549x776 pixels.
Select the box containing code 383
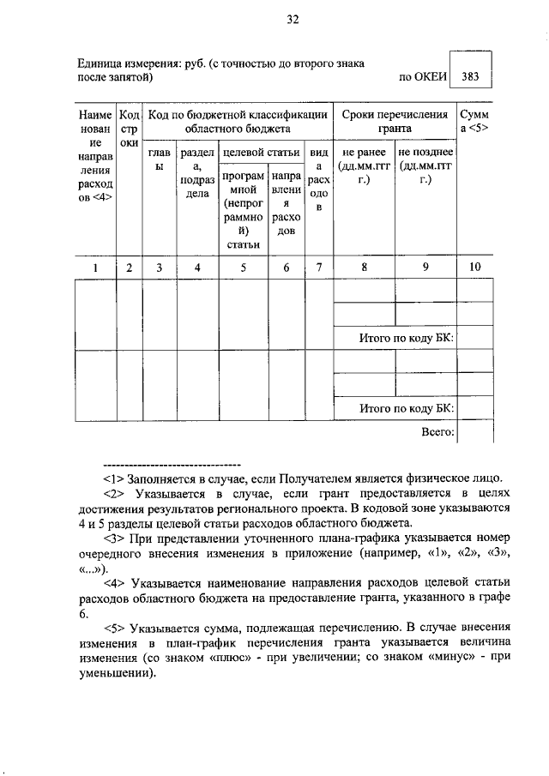[x=470, y=75]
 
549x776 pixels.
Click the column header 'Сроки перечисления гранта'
[x=395, y=121]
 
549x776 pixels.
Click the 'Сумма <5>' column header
[x=474, y=121]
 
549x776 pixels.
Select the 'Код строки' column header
[x=129, y=128]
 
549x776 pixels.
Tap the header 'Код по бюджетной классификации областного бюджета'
[x=237, y=121]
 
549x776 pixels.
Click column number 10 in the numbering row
[x=474, y=268]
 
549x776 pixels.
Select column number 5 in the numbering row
[x=244, y=268]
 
